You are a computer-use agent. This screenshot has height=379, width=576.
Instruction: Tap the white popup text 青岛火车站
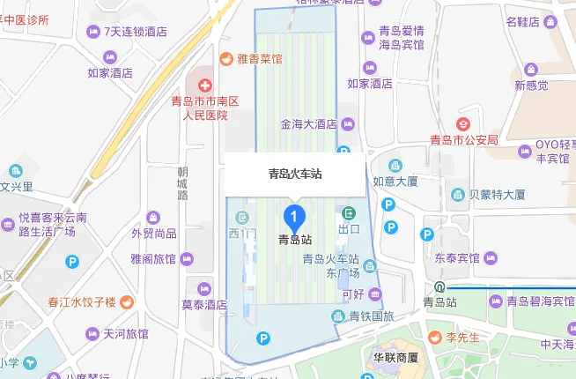[295, 174]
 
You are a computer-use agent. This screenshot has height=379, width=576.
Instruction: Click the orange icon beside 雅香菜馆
[226, 59]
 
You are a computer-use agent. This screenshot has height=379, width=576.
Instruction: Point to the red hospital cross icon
[204, 85]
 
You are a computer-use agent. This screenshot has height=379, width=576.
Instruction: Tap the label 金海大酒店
[308, 124]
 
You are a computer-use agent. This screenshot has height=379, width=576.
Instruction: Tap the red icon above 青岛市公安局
[463, 123]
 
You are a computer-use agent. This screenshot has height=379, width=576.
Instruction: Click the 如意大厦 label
[395, 182]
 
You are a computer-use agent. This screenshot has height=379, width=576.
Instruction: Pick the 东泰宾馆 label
[456, 258]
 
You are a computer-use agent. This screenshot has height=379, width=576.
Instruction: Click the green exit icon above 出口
[350, 213]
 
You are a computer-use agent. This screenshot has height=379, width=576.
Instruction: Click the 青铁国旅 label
[369, 316]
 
